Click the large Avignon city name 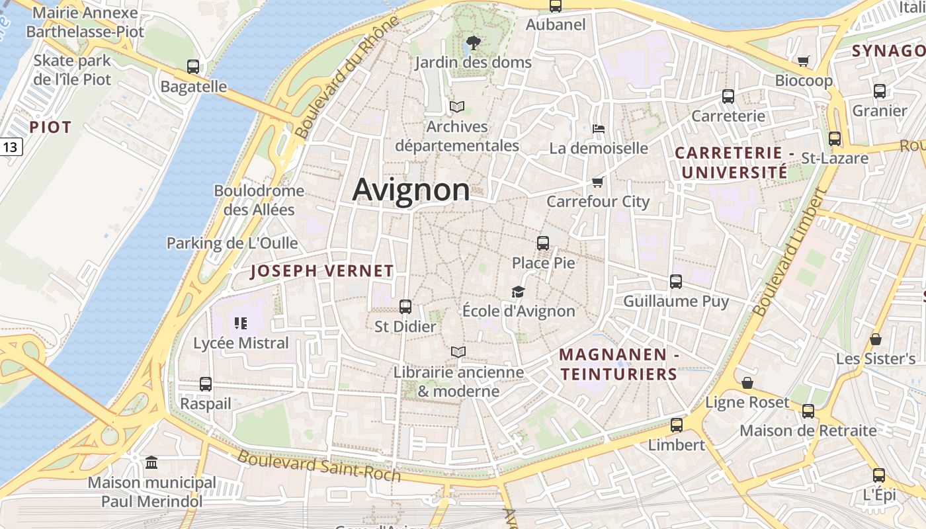411,190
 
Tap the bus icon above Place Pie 543,243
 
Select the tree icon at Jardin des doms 473,43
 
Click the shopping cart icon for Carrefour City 598,182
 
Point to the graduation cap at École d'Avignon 518,292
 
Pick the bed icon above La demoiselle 599,128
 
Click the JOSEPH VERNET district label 322,270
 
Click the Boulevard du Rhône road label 348,76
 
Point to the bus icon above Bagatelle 193,67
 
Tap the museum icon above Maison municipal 151,462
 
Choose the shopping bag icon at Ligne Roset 747,383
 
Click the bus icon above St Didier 405,307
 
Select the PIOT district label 50,128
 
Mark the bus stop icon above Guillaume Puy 676,282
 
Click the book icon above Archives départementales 457,106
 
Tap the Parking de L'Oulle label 232,243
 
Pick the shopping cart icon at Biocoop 804,61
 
